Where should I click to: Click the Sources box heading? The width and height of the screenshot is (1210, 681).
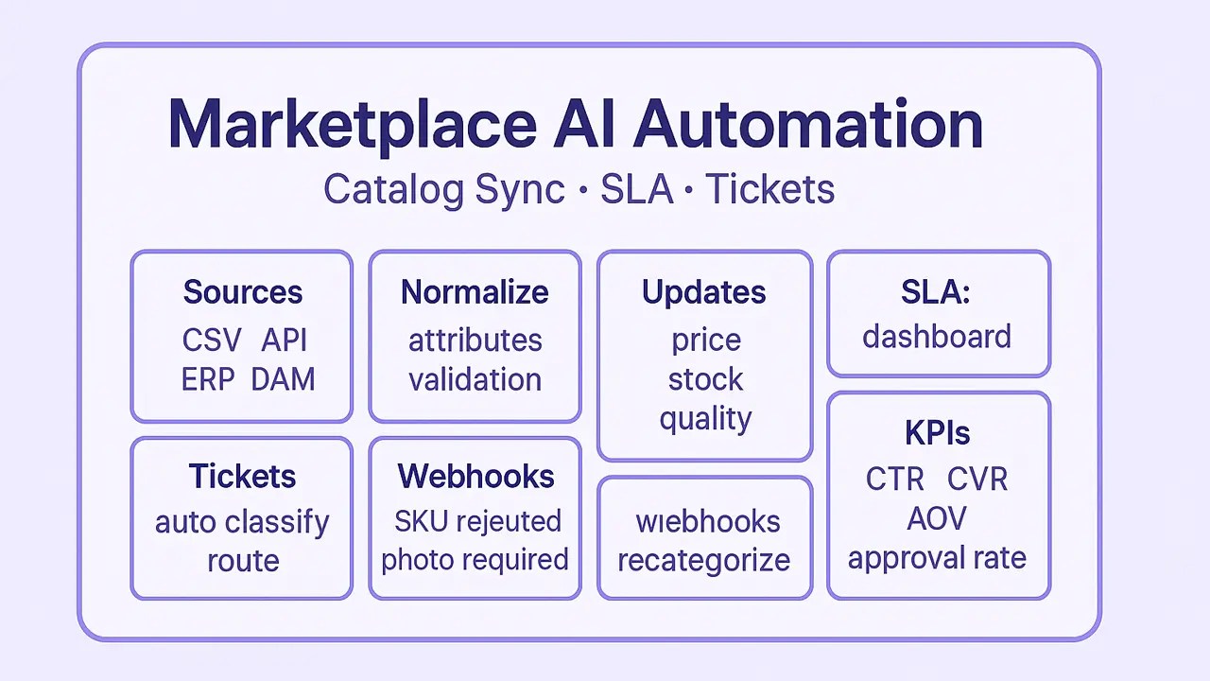(243, 292)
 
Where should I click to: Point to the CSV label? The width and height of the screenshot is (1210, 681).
(212, 340)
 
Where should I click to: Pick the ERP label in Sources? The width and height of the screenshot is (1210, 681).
(208, 379)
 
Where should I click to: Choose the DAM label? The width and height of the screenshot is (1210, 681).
(283, 379)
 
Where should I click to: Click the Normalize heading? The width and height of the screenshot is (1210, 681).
(475, 292)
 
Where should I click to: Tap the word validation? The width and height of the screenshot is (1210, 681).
(475, 379)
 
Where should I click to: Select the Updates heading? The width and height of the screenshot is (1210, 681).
(704, 292)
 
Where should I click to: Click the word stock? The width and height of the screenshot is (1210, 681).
(705, 379)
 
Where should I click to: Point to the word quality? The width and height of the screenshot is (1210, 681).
(705, 419)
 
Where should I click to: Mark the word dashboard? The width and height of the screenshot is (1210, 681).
(937, 337)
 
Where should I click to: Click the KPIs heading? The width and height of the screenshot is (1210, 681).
(937, 433)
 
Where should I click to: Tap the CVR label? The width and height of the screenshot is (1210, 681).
(977, 479)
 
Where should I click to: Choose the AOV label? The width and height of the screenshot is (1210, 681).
(937, 518)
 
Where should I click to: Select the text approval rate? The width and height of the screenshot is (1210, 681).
(937, 558)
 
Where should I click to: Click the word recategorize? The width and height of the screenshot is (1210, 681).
(704, 560)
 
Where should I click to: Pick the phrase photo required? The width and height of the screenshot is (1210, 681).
(475, 560)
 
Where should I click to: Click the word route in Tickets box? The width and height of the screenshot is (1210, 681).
(243, 561)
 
